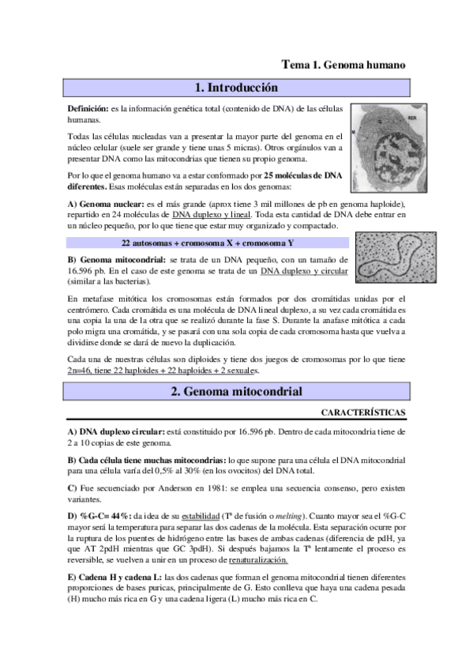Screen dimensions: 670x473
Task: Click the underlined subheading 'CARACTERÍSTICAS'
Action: click(x=364, y=412)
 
